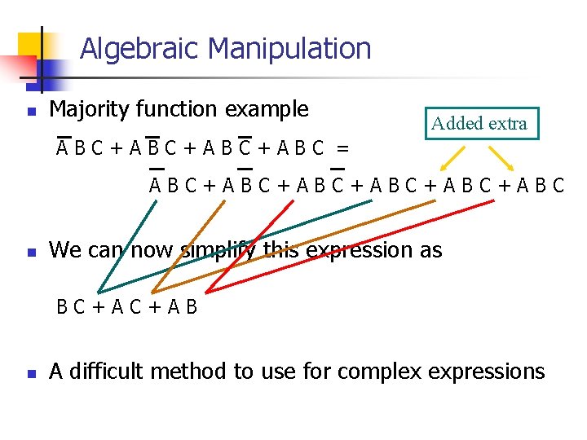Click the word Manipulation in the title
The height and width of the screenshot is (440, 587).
289,49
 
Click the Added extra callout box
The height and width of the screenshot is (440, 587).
480,124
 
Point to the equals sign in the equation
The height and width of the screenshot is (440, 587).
343,148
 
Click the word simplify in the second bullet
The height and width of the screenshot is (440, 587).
213,250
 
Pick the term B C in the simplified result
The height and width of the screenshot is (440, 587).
70,308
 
